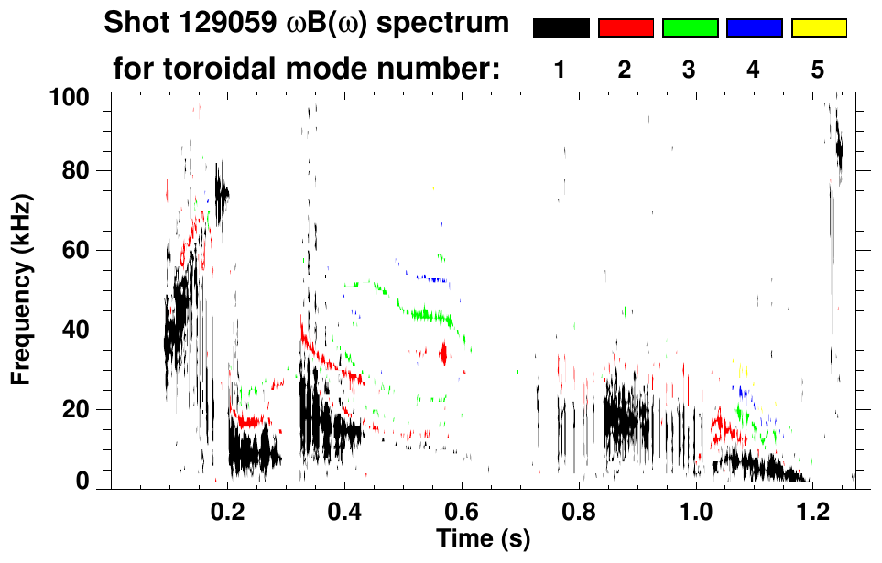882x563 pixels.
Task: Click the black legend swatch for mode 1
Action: (561, 28)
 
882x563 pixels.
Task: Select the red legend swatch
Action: (626, 28)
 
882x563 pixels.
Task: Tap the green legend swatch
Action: (690, 28)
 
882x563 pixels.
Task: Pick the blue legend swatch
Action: (754, 28)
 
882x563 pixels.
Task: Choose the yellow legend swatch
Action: (818, 28)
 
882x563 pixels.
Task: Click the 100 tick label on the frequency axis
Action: (67, 95)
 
